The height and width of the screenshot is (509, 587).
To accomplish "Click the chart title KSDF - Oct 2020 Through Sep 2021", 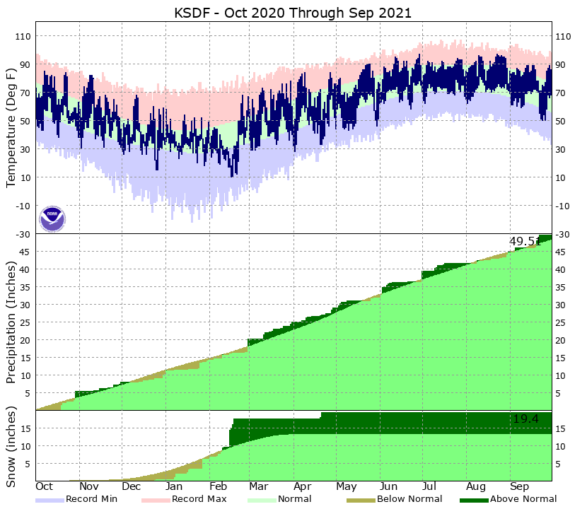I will tap(293, 13).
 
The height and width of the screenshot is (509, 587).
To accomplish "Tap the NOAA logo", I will tap(52, 218).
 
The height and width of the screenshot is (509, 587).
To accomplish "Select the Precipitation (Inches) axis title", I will tap(11, 322).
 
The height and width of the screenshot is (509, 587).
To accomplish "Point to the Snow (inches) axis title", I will tap(11, 446).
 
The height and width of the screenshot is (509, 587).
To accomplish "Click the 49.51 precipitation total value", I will tap(524, 242).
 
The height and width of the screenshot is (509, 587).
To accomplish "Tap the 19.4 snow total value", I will tap(525, 419).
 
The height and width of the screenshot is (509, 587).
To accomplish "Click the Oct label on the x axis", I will tap(45, 487).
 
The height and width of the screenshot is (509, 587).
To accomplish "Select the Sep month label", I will tap(520, 487).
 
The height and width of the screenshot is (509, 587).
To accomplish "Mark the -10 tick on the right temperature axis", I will tap(564, 206).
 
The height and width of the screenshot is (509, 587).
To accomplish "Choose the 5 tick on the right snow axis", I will tap(558, 464).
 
